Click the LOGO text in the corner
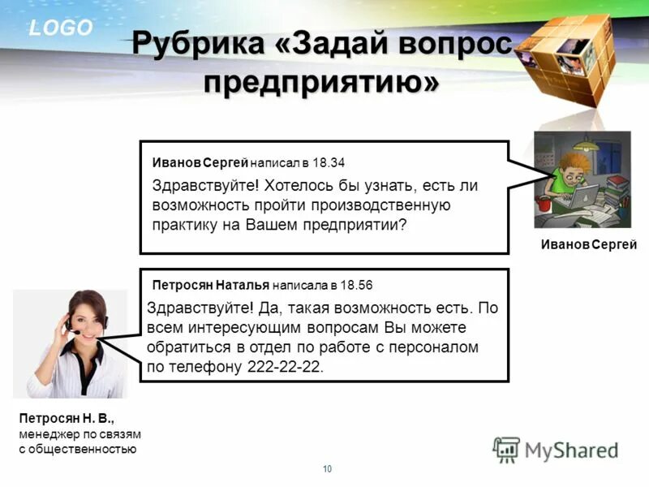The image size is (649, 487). click(62, 28)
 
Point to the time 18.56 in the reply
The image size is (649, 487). click(356, 286)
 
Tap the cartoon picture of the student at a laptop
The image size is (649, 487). click(581, 179)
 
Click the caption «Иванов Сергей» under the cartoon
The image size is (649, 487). click(589, 245)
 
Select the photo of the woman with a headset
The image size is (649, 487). click(71, 343)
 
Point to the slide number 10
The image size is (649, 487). click(328, 469)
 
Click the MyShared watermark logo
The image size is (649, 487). click(556, 449)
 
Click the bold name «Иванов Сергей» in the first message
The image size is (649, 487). click(200, 162)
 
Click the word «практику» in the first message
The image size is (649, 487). click(183, 225)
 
